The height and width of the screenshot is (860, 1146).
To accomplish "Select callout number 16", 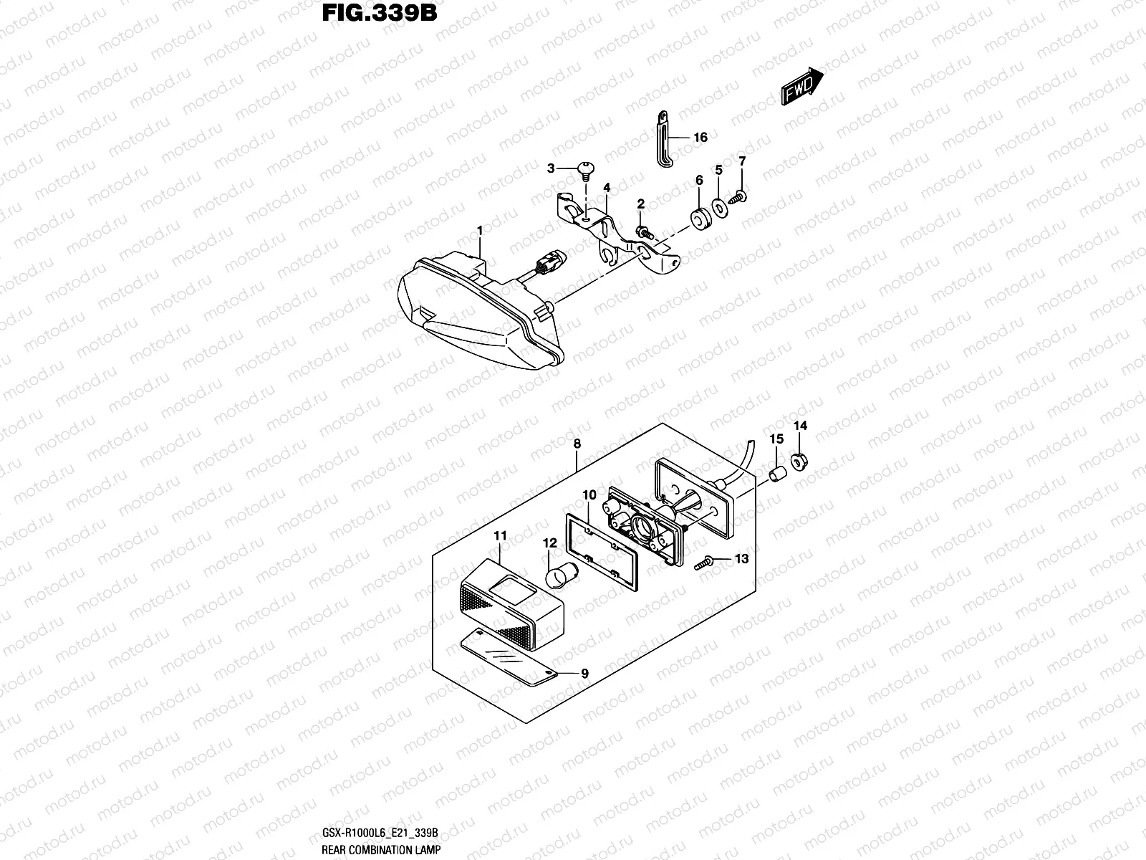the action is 700,137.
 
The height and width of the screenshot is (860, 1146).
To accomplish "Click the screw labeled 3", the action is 584,169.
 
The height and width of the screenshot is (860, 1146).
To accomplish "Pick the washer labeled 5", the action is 719,208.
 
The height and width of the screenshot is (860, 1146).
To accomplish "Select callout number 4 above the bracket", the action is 607,188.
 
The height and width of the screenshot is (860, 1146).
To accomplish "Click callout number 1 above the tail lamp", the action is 480,231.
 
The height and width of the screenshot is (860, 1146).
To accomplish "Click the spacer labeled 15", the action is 776,474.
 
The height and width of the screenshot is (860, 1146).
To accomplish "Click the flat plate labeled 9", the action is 509,657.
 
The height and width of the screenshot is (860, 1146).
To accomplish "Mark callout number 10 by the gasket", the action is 589,495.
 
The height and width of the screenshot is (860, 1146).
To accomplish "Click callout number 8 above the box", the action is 577,444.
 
